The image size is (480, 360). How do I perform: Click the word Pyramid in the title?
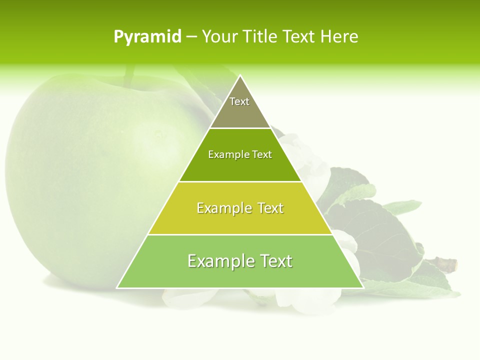(147, 37)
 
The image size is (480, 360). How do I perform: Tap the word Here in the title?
(339, 37)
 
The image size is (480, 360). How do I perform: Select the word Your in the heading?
(219, 37)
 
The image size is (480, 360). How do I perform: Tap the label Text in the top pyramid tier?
(239, 101)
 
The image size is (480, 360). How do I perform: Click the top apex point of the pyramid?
(240, 76)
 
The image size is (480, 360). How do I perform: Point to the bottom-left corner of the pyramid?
(117, 287)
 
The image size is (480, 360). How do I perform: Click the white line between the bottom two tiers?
(240, 234)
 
